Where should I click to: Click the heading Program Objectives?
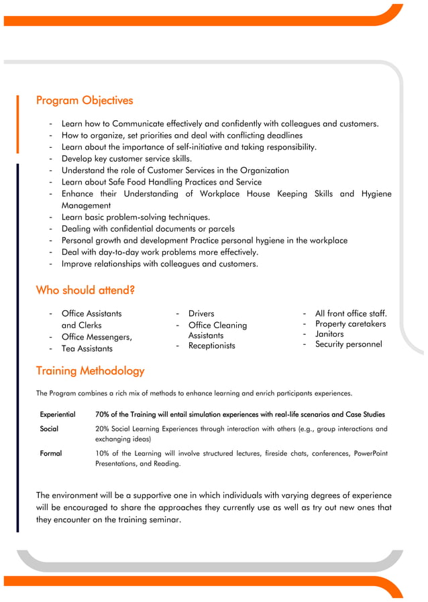tap(84, 101)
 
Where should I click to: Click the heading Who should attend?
tap(85, 290)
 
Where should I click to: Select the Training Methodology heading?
tap(90, 370)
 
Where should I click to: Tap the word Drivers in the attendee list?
tap(201, 313)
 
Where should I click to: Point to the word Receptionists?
tap(211, 346)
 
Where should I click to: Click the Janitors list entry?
tap(329, 334)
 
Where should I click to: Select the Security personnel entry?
tap(348, 344)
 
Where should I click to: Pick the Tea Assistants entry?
tap(87, 348)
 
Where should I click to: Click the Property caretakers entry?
tap(350, 324)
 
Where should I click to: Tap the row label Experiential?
tap(58, 415)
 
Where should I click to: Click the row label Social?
tap(49, 429)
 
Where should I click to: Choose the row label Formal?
tap(51, 454)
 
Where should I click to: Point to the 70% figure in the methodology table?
tap(103, 415)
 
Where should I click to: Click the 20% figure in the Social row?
tap(103, 429)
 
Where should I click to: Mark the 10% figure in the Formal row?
tap(103, 454)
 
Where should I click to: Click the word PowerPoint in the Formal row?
tap(370, 454)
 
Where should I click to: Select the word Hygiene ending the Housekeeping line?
tap(376, 194)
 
